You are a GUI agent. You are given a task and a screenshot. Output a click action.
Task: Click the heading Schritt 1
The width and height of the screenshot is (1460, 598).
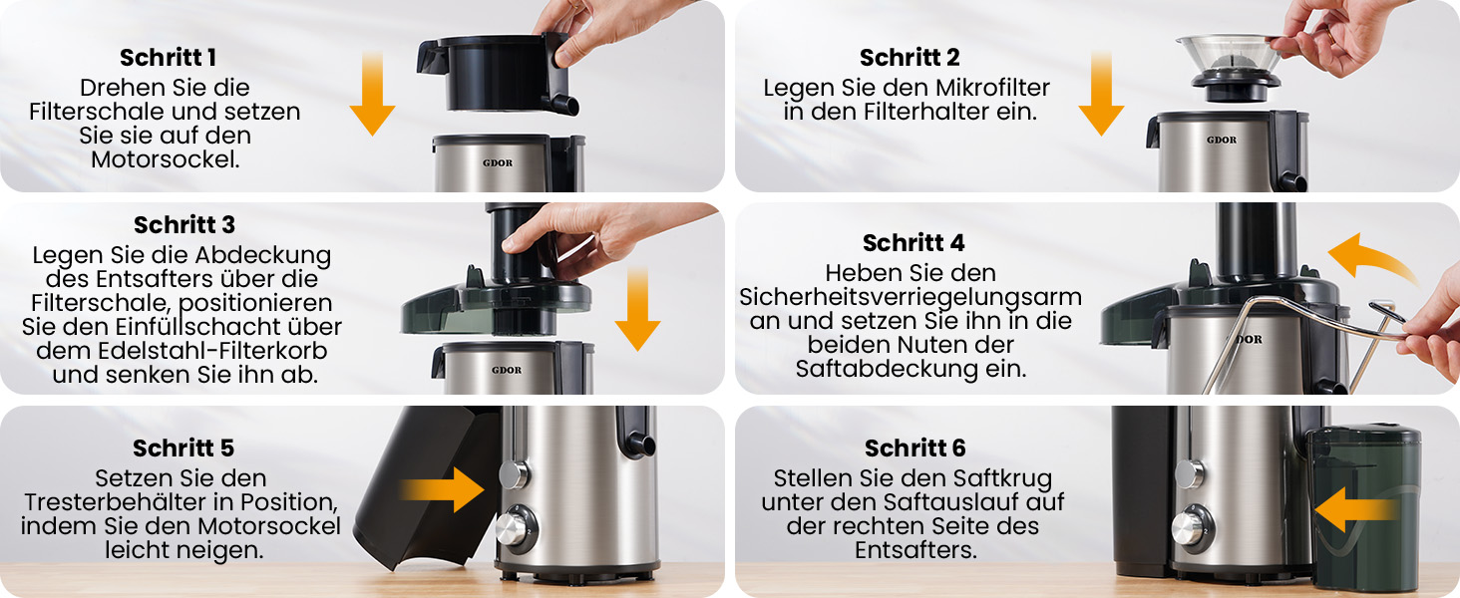[x=168, y=58]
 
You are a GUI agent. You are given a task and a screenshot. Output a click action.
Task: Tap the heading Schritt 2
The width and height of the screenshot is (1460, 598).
[x=910, y=58]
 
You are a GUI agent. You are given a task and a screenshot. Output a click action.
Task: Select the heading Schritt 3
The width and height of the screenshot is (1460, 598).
[x=183, y=224]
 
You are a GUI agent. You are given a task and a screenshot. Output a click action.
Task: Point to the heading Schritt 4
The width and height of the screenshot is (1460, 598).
[x=913, y=243]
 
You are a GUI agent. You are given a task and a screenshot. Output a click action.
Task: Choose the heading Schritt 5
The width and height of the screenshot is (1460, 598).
[x=183, y=448]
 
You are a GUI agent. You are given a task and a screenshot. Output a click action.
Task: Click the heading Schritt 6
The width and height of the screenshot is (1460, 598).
[x=915, y=448]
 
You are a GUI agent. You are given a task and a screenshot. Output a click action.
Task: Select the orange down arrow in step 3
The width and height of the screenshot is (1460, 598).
[x=637, y=309]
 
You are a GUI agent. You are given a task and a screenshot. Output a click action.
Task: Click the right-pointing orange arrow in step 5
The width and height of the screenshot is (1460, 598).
[x=443, y=489]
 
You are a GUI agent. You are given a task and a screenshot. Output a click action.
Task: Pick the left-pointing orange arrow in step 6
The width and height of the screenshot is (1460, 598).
[x=1355, y=509]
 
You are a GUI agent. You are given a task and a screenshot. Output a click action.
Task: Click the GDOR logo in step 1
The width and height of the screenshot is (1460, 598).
[x=498, y=162]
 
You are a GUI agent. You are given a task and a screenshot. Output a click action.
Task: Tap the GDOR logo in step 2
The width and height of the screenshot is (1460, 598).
[x=1221, y=141]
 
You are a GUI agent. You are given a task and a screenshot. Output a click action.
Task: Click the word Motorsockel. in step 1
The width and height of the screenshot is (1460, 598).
[x=166, y=159]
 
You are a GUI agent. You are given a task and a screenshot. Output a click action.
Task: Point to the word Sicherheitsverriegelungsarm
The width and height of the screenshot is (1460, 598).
[x=911, y=298]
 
